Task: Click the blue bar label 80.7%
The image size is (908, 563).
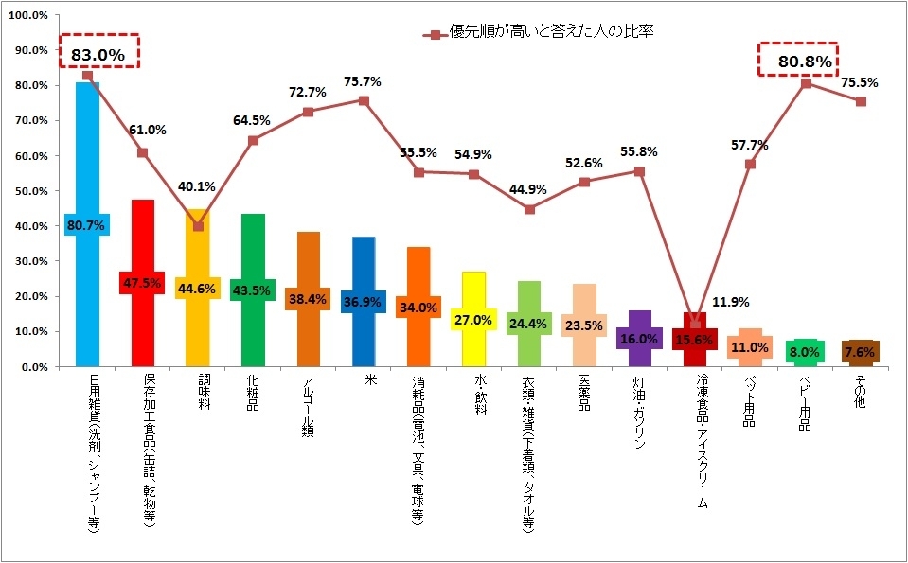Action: point(87,225)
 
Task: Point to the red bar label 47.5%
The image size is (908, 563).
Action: point(142,283)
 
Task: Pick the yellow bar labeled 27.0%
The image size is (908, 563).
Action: point(473,319)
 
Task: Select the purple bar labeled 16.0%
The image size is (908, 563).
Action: point(639,338)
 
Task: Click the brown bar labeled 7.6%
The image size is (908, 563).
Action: point(861,352)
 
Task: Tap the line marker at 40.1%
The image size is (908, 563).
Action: point(198,225)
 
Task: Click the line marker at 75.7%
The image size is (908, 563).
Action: point(364,100)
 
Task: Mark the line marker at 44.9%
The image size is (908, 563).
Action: point(529,209)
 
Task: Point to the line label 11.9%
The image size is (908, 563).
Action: point(730,303)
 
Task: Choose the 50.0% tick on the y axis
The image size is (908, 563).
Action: point(29,190)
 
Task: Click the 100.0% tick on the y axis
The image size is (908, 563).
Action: point(27,15)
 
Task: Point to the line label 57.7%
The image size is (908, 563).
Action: point(750,146)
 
